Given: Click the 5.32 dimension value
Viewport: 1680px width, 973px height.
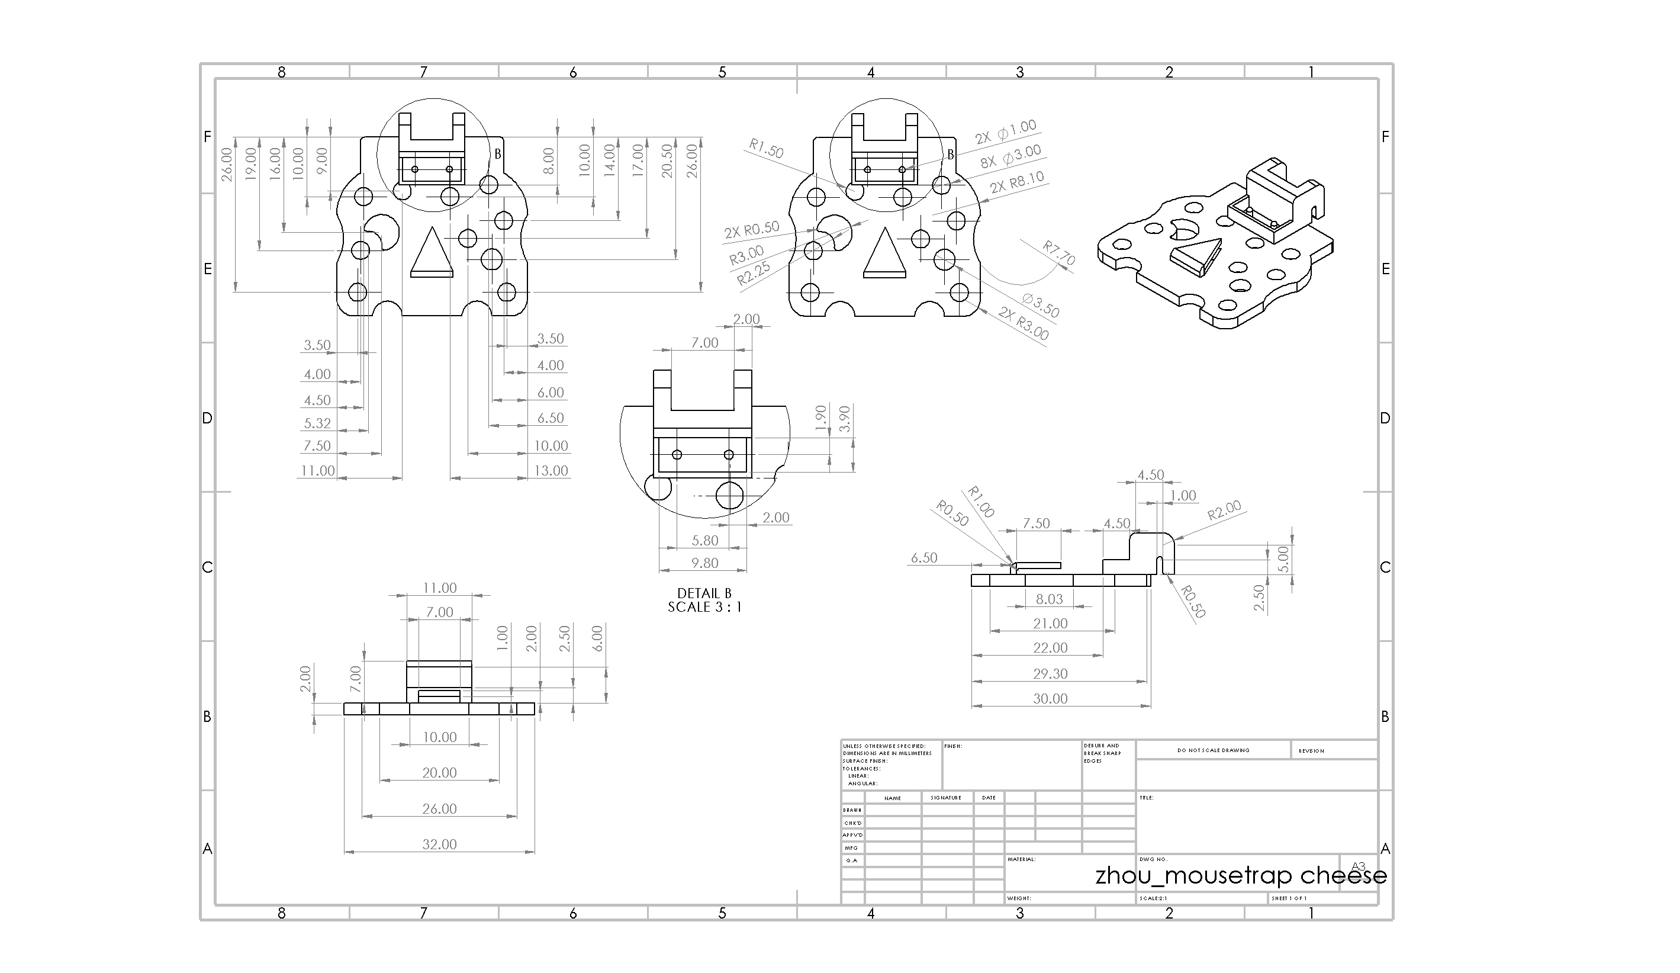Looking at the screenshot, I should coord(317,423).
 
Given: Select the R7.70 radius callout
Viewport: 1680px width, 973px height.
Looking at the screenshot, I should coord(1058,253).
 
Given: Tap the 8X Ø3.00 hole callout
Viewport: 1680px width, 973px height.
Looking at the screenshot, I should coord(1010,157).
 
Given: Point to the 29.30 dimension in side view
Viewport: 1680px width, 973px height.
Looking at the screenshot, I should coord(1050,673).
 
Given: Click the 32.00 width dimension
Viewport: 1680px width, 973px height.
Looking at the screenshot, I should coord(439,844).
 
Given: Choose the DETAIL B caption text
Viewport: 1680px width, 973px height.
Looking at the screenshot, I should coord(704,593).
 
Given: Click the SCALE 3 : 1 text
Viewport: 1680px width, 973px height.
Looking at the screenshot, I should coord(704,607).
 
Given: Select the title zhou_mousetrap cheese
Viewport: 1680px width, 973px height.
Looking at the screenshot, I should coord(1241,875).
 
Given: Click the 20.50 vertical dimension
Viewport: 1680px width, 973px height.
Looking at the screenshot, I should coord(666,160).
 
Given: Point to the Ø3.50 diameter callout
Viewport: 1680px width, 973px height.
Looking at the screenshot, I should coord(1040,306).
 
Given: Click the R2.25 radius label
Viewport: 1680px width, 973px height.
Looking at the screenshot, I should coord(754,273).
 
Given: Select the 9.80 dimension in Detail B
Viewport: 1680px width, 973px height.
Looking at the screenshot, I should coord(704,563).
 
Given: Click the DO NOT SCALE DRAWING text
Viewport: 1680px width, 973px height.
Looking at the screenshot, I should coord(1213,750).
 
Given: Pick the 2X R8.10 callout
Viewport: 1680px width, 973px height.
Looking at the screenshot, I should coord(1016,182).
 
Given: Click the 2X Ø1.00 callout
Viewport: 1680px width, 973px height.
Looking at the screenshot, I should coord(1005,132).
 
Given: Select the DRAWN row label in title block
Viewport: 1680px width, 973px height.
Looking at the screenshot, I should coord(852,810).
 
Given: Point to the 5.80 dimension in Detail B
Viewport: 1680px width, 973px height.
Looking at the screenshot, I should coord(704,540).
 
